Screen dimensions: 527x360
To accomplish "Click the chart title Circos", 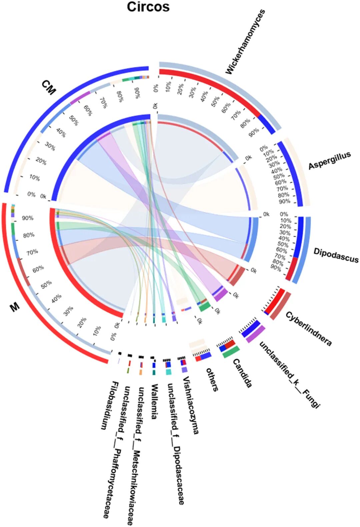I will pyautogui.click(x=148, y=7).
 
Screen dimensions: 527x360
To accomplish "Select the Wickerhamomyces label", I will pyautogui.click(x=245, y=42).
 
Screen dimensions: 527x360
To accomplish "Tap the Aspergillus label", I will pyautogui.click(x=329, y=161).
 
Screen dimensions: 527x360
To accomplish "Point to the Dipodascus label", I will pyautogui.click(x=336, y=255).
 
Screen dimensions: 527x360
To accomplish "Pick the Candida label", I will pyautogui.click(x=242, y=373).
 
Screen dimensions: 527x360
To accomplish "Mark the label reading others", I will pyautogui.click(x=212, y=379).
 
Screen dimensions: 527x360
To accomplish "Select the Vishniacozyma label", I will pyautogui.click(x=191, y=405).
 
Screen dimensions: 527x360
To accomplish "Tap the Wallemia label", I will pyautogui.click(x=154, y=401).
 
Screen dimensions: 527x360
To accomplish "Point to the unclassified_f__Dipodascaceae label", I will pyautogui.click(x=176, y=443).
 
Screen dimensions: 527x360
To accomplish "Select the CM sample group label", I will pyautogui.click(x=49, y=87).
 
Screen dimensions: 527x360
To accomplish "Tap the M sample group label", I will pyautogui.click(x=15, y=307).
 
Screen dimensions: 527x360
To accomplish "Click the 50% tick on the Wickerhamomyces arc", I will pyautogui.click(x=215, y=100).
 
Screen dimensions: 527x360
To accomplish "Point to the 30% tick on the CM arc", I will pyautogui.click(x=50, y=146).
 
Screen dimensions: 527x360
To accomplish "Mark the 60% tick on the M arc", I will pyautogui.click(x=38, y=269).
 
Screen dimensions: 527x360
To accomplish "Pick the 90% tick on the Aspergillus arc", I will pyautogui.click(x=285, y=201).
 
